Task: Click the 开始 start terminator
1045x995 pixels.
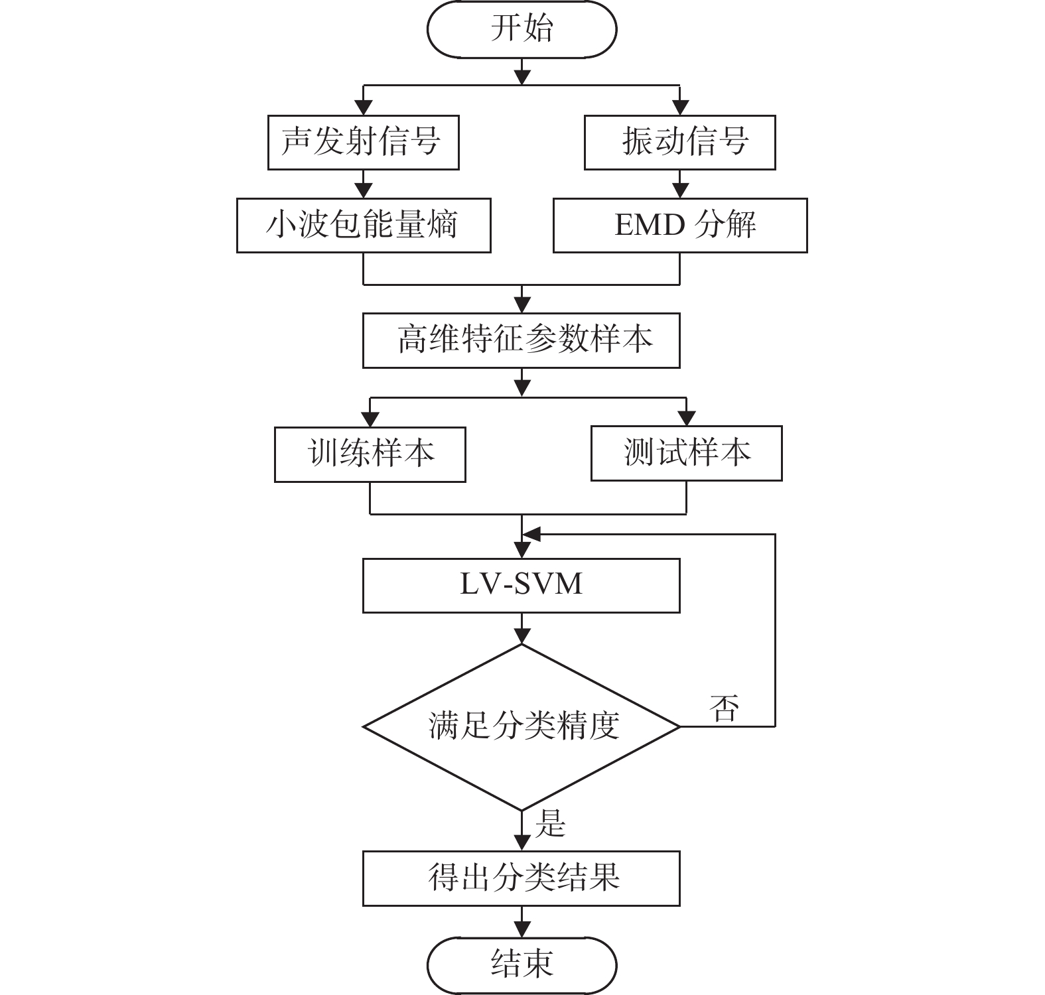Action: click(522, 29)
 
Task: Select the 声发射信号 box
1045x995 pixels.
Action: click(364, 143)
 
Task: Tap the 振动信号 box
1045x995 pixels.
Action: click(680, 143)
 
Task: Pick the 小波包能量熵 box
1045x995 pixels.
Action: click(364, 226)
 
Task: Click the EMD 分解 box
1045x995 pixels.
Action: click(680, 226)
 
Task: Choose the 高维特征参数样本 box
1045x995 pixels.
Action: click(522, 340)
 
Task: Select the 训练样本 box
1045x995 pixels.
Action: click(370, 454)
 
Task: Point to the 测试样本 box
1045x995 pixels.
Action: click(687, 454)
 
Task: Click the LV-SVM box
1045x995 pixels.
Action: click(522, 586)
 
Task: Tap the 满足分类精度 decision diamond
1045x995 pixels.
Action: click(522, 727)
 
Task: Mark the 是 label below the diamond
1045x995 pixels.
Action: click(550, 824)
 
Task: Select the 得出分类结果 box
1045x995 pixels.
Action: click(522, 879)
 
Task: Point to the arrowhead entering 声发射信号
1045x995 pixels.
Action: click(364, 107)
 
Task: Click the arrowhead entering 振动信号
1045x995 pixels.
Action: click(680, 107)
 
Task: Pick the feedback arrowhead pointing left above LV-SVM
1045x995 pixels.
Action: click(531, 534)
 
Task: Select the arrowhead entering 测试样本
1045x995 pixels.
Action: click(687, 418)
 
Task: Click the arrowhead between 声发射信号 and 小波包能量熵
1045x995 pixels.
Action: click(364, 190)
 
